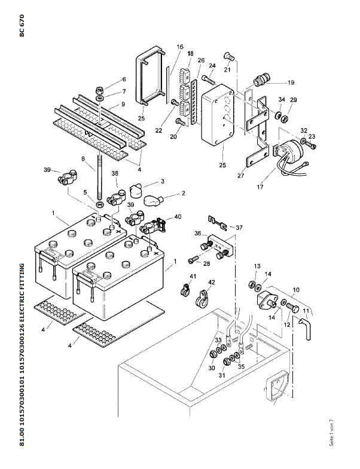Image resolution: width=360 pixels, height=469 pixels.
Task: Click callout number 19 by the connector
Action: point(291,82)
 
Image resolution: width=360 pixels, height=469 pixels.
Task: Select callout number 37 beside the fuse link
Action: point(239,227)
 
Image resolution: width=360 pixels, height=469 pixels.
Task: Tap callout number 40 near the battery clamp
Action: point(178,217)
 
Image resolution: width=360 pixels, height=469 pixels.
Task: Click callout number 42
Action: point(211,283)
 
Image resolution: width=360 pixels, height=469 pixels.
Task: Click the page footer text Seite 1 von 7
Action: point(332,431)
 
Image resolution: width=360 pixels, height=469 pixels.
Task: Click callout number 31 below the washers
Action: point(222,375)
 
